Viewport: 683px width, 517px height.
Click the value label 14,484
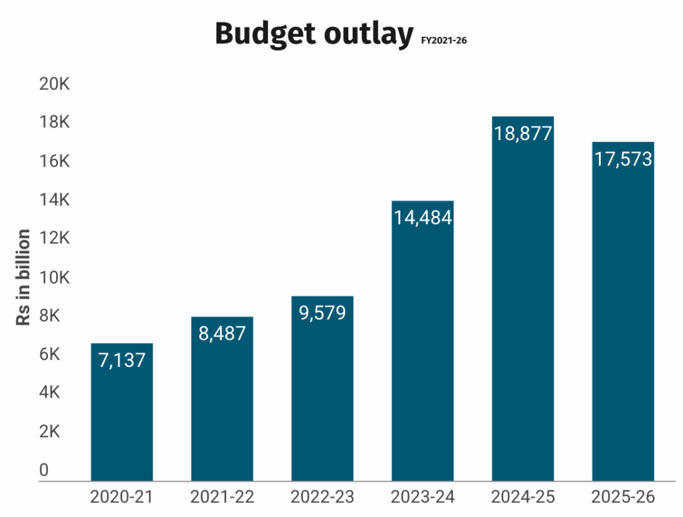(x=423, y=217)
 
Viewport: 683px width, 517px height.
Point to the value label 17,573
(x=623, y=159)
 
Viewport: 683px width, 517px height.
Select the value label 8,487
(x=222, y=334)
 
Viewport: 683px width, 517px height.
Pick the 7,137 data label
(x=122, y=360)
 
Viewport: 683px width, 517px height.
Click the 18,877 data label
(x=523, y=133)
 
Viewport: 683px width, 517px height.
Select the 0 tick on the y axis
(x=44, y=470)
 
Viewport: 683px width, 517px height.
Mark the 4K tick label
(x=49, y=393)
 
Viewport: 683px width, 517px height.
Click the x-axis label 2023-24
(x=423, y=498)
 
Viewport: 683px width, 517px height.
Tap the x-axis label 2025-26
(x=623, y=498)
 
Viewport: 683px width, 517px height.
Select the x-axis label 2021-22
(x=222, y=498)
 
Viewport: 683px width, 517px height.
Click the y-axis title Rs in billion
(x=23, y=278)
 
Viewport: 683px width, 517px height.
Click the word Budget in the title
(x=263, y=34)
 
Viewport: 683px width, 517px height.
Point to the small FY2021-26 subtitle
(x=444, y=41)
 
